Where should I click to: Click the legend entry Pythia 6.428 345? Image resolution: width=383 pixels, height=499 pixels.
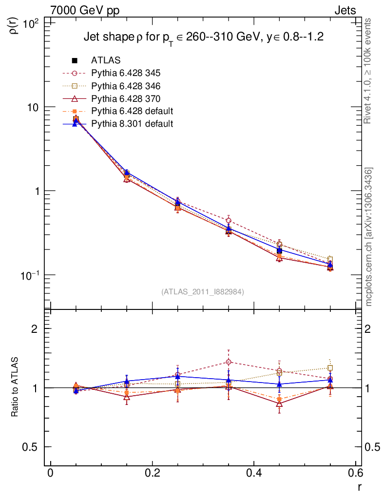point(126,73)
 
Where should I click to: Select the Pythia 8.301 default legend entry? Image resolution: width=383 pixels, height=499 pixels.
point(132,124)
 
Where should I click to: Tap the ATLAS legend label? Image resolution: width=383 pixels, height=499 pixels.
point(106,60)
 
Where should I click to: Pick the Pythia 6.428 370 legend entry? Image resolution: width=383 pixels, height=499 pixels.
point(126,98)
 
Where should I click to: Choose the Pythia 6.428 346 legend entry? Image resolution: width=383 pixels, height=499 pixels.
point(126,86)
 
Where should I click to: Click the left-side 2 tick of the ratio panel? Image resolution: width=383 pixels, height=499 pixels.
point(35,328)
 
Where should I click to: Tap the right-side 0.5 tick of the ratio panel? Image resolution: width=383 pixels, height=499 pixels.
point(372,447)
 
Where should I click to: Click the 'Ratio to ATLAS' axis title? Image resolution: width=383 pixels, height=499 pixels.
point(15,387)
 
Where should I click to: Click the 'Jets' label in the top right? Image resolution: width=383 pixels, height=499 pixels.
point(345,10)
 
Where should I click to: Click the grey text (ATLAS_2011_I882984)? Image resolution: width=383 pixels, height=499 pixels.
point(203,291)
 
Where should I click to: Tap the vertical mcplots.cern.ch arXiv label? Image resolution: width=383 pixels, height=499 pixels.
point(369,236)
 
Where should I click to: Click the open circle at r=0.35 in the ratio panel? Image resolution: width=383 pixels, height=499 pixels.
point(229,362)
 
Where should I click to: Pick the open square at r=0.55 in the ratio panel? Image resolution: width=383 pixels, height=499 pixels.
point(330,368)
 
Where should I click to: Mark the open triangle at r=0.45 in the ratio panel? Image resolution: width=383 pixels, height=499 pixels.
point(279,403)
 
